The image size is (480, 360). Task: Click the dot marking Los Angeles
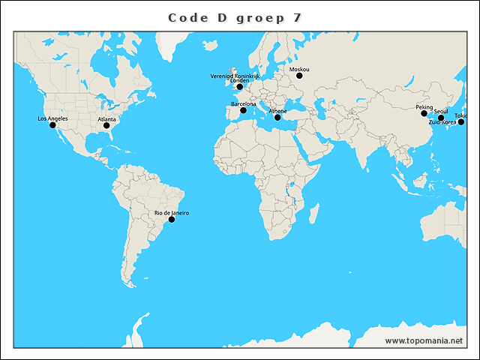click(x=52, y=125)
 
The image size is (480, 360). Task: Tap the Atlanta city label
click(x=106, y=119)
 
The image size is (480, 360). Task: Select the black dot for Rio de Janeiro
click(x=172, y=220)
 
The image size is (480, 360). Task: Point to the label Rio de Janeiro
click(x=172, y=213)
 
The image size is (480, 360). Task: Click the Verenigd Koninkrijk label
click(x=235, y=76)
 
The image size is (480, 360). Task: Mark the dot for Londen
click(x=240, y=87)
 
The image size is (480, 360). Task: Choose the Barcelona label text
click(x=243, y=104)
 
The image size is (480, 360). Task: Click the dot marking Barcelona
click(x=243, y=111)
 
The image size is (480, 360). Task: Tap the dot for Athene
click(x=277, y=117)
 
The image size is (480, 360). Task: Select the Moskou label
click(x=299, y=69)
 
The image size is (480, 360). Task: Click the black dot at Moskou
click(x=299, y=76)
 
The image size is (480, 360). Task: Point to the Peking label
click(x=424, y=107)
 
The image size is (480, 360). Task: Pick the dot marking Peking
click(x=424, y=114)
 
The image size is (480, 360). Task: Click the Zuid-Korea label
click(x=442, y=121)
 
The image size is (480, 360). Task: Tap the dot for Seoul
click(x=441, y=118)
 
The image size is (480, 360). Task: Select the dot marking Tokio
click(x=461, y=121)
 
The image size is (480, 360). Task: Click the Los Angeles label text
click(x=52, y=118)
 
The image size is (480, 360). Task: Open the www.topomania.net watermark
click(x=424, y=340)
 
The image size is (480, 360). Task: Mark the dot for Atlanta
click(x=106, y=126)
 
